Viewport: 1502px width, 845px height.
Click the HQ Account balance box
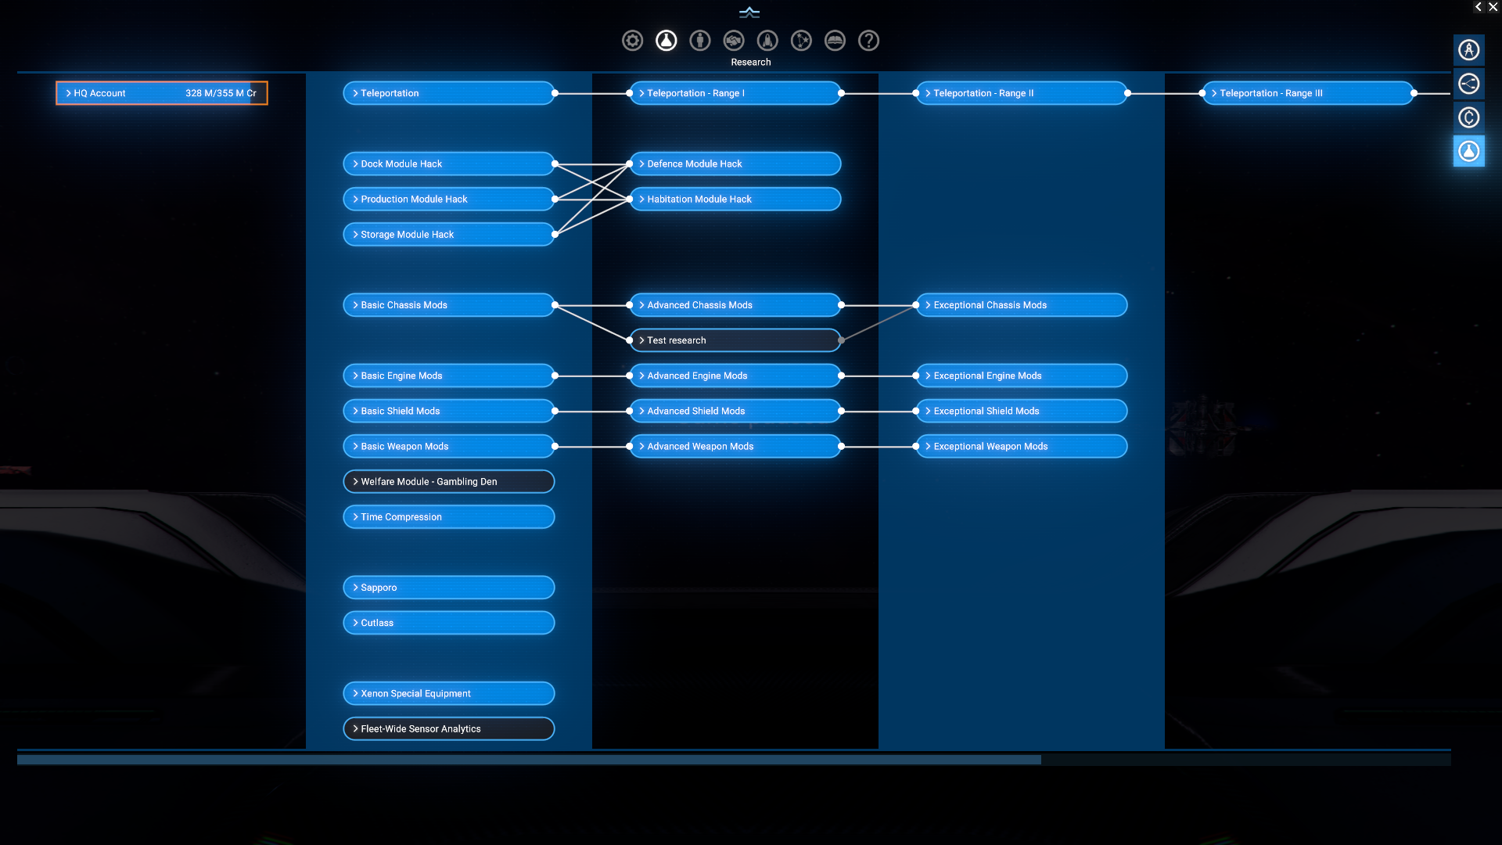pyautogui.click(x=161, y=93)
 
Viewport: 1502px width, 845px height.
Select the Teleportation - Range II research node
pyautogui.click(x=1021, y=93)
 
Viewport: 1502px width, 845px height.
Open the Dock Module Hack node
pyautogui.click(x=448, y=164)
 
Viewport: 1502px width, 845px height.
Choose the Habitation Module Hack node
pyautogui.click(x=735, y=199)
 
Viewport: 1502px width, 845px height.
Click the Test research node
pyautogui.click(x=735, y=340)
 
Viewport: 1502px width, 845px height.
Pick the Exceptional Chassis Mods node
pyautogui.click(x=1021, y=305)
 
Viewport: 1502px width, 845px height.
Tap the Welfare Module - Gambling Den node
pyautogui.click(x=448, y=481)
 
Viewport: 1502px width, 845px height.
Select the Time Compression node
pyautogui.click(x=448, y=517)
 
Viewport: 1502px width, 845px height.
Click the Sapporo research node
pyautogui.click(x=448, y=588)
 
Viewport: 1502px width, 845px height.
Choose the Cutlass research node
pyautogui.click(x=448, y=623)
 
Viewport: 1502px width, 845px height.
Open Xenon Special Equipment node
pyautogui.click(x=448, y=693)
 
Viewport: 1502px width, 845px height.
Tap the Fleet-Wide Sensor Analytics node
pyautogui.click(x=448, y=728)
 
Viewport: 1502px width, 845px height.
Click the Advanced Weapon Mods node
pyautogui.click(x=735, y=446)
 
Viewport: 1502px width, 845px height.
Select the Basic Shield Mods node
pyautogui.click(x=448, y=411)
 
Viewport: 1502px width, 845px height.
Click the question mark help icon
pyautogui.click(x=868, y=41)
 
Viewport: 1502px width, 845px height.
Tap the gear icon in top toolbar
pyautogui.click(x=632, y=41)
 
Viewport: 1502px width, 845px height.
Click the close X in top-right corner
pyautogui.click(x=1493, y=7)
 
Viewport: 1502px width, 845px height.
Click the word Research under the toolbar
pyautogui.click(x=750, y=63)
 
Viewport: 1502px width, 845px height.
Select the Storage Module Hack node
pyautogui.click(x=448, y=234)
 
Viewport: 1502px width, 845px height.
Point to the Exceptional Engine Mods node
pyautogui.click(x=1021, y=376)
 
